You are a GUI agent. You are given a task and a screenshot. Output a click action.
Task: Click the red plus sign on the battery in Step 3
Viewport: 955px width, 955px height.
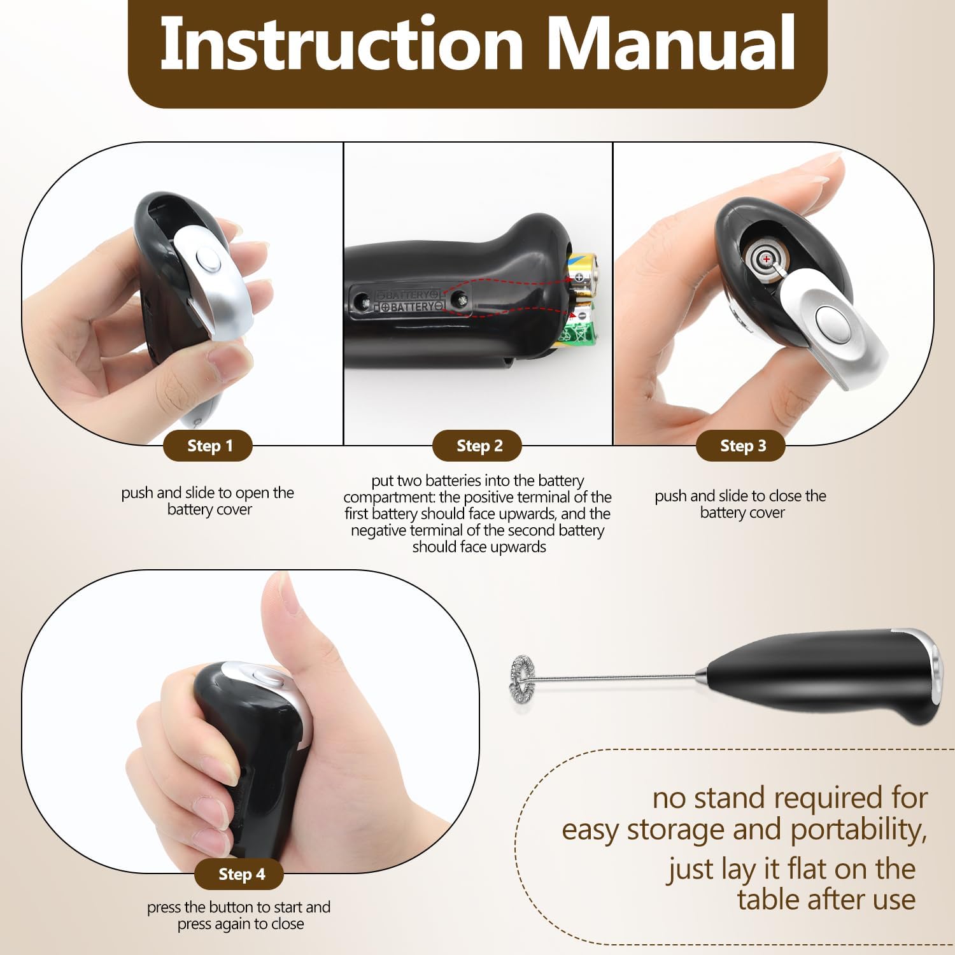(767, 259)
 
